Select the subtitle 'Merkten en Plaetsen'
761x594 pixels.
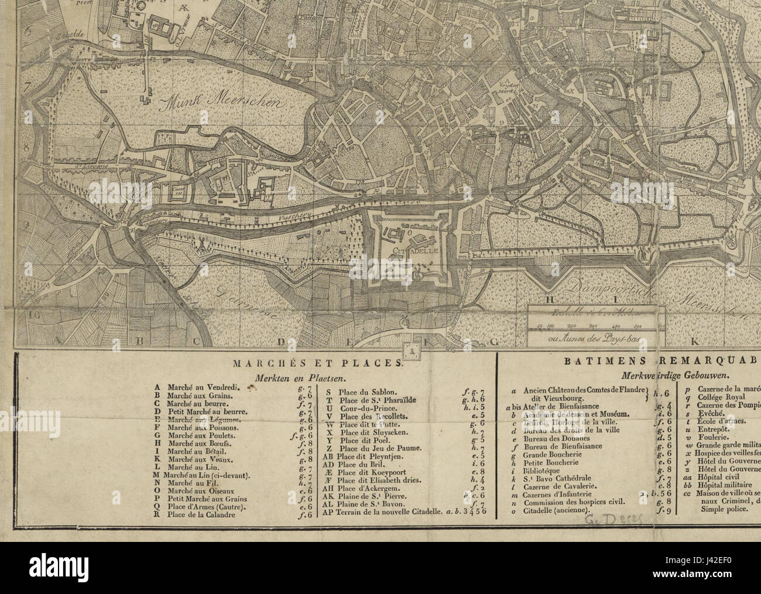(284, 378)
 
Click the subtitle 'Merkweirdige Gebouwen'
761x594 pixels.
(661, 377)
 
